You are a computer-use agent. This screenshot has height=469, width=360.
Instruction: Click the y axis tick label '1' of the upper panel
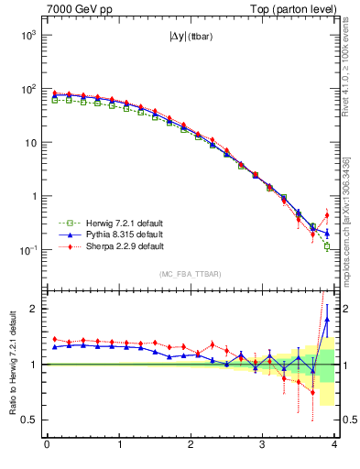33,196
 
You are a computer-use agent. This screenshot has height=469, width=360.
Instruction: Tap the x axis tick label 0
47,446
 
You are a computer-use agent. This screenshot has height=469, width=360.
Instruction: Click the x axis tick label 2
191,446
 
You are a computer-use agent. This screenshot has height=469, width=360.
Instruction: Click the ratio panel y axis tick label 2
33,309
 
